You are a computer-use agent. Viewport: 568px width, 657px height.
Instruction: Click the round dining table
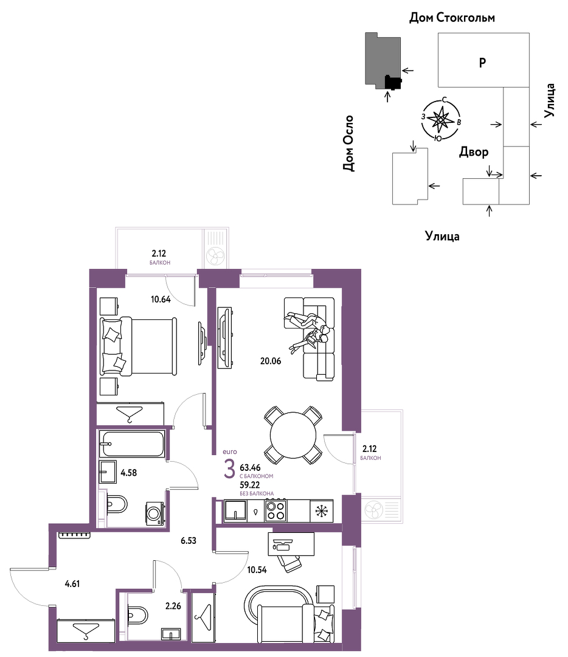pyautogui.click(x=293, y=435)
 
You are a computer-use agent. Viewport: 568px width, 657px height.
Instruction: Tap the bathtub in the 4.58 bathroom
pyautogui.click(x=131, y=443)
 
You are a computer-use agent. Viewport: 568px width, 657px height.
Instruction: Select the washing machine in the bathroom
pyautogui.click(x=154, y=513)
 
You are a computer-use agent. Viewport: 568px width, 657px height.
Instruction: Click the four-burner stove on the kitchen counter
pyautogui.click(x=275, y=511)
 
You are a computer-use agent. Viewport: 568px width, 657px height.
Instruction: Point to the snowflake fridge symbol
pyautogui.click(x=321, y=511)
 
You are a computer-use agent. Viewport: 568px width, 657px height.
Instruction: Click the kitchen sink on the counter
pyautogui.click(x=235, y=511)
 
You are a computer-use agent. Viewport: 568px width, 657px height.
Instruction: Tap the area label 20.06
pyautogui.click(x=271, y=361)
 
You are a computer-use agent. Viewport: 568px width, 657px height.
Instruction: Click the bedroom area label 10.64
pyautogui.click(x=161, y=299)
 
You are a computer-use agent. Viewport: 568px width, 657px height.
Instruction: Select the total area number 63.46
pyautogui.click(x=250, y=468)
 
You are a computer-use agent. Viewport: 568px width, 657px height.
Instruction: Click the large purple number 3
pyautogui.click(x=229, y=469)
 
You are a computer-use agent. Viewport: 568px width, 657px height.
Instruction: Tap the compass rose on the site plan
pyautogui.click(x=441, y=119)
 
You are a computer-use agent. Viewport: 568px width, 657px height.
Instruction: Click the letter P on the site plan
pyautogui.click(x=482, y=63)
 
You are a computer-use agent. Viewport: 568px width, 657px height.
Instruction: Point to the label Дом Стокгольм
pyautogui.click(x=452, y=18)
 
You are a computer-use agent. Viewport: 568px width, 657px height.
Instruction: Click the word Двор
pyautogui.click(x=474, y=151)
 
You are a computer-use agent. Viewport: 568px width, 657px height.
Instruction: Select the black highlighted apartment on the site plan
pyautogui.click(x=393, y=83)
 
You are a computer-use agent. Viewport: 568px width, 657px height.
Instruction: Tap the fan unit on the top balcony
pyautogui.click(x=215, y=255)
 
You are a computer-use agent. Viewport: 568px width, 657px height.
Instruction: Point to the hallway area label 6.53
pyautogui.click(x=189, y=541)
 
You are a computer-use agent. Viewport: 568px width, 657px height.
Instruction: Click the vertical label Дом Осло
pyautogui.click(x=348, y=144)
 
